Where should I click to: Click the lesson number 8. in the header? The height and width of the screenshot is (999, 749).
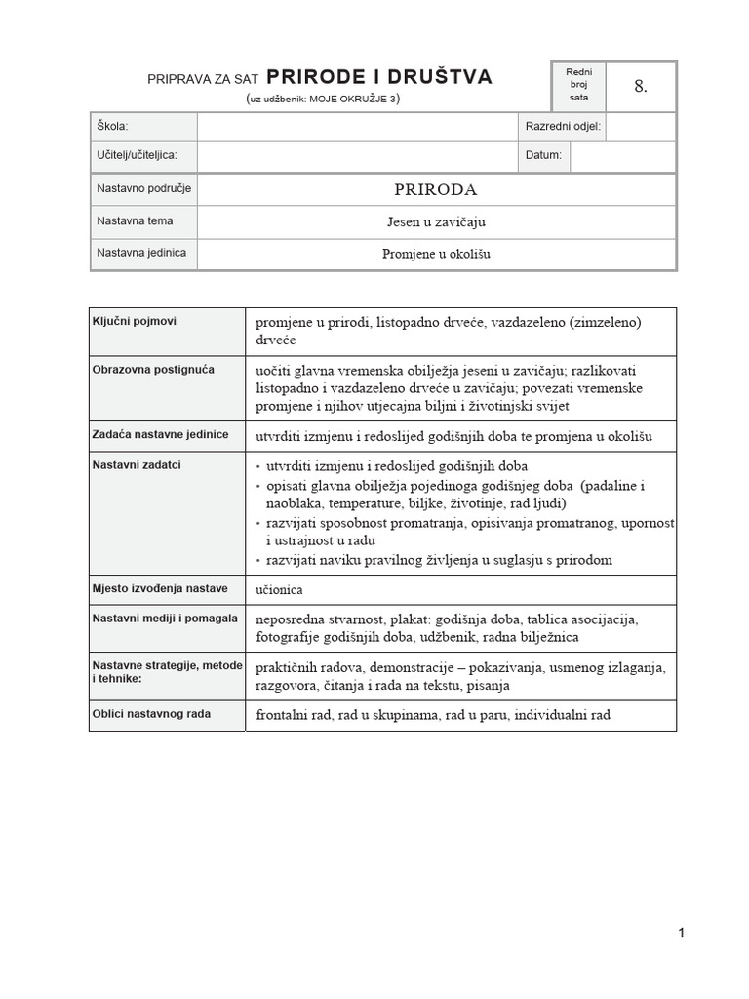click(x=640, y=86)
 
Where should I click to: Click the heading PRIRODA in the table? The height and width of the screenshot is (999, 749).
click(x=436, y=189)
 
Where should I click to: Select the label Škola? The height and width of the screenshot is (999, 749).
click(x=112, y=127)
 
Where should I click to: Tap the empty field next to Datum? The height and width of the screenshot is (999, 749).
click(x=622, y=155)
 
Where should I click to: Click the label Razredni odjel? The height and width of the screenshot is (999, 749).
click(x=563, y=127)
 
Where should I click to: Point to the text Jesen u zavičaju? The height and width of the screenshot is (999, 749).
click(x=436, y=221)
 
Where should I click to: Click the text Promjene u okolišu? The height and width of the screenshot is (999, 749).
click(x=436, y=254)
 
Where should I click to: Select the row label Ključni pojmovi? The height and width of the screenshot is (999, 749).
click(x=135, y=321)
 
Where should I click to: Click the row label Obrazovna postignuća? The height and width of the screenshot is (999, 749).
click(x=153, y=370)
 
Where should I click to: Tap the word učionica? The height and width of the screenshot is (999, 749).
click(x=280, y=589)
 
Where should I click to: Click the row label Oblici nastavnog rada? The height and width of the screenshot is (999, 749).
click(x=151, y=714)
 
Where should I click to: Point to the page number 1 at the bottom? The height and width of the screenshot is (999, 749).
click(x=681, y=933)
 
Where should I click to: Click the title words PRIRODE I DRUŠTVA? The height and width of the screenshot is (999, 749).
click(x=379, y=77)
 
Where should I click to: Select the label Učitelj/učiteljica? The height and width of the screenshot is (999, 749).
click(x=137, y=154)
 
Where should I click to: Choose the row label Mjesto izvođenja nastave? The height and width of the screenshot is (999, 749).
click(x=160, y=588)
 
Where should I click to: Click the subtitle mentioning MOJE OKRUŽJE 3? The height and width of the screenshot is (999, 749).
click(x=323, y=99)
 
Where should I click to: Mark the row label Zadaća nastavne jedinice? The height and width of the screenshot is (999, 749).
click(x=160, y=434)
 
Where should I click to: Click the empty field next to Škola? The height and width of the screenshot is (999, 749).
click(x=355, y=127)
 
